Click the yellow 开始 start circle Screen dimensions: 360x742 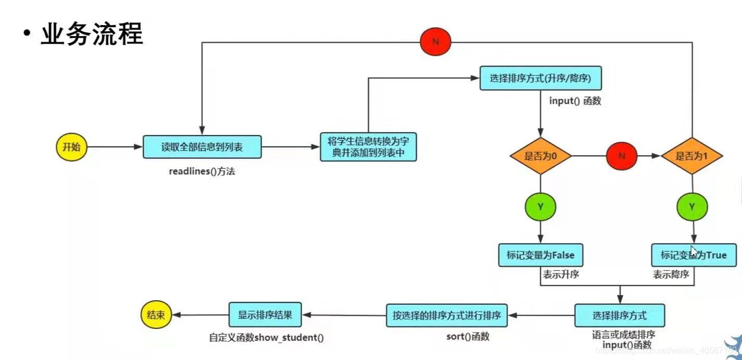71,147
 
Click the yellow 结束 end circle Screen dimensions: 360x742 156,315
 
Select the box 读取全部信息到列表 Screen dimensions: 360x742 202,147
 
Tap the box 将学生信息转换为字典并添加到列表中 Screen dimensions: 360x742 368,147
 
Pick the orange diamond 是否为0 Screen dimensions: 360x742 540,156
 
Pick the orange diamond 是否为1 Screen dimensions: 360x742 691,156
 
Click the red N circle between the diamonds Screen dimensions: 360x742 621,156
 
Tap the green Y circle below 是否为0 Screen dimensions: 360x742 540,207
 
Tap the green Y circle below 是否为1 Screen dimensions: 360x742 692,207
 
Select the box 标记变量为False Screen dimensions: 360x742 540,255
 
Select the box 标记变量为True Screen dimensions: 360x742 693,255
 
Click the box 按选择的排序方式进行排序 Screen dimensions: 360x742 447,315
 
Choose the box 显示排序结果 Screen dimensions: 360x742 265,315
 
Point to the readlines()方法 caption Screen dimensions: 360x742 202,171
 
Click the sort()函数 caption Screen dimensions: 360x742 468,337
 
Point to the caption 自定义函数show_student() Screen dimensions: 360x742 266,338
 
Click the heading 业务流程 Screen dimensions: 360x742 92,34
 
